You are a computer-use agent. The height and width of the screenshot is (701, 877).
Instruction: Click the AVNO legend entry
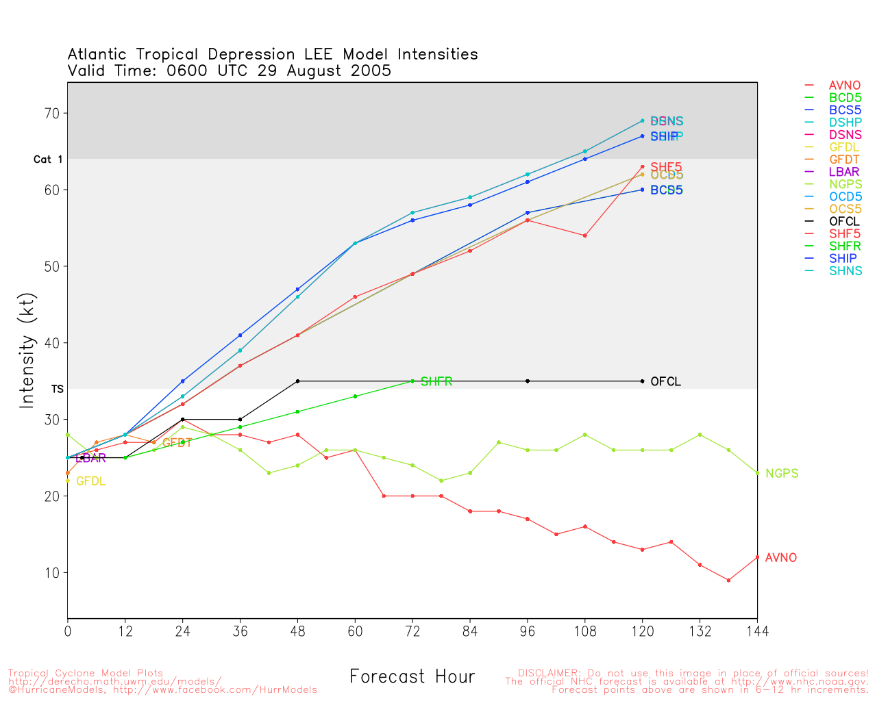844,86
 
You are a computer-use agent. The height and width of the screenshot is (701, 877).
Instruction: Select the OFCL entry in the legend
844,221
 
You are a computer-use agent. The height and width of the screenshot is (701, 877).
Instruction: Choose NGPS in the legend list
844,184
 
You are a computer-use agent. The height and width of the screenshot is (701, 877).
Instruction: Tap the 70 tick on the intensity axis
52,113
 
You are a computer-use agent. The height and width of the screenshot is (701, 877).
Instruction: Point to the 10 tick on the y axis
52,572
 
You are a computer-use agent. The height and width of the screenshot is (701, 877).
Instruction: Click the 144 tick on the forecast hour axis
757,630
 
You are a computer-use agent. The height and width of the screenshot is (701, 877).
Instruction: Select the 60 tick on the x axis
355,630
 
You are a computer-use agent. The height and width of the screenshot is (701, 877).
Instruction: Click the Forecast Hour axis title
412,676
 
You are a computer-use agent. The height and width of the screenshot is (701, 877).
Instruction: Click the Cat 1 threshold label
48,160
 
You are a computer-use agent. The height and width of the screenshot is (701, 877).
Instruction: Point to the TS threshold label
57,389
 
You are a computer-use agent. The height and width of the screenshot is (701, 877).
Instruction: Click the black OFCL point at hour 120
642,381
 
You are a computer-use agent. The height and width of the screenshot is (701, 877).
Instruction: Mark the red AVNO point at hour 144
757,557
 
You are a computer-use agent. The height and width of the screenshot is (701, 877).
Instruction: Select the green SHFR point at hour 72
412,381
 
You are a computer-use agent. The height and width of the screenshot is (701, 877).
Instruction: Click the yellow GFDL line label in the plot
90,481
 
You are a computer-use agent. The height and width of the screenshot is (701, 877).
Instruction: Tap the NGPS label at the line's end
782,473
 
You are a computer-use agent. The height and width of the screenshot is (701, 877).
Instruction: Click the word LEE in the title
318,54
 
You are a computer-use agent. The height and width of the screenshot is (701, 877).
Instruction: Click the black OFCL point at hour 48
297,381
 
